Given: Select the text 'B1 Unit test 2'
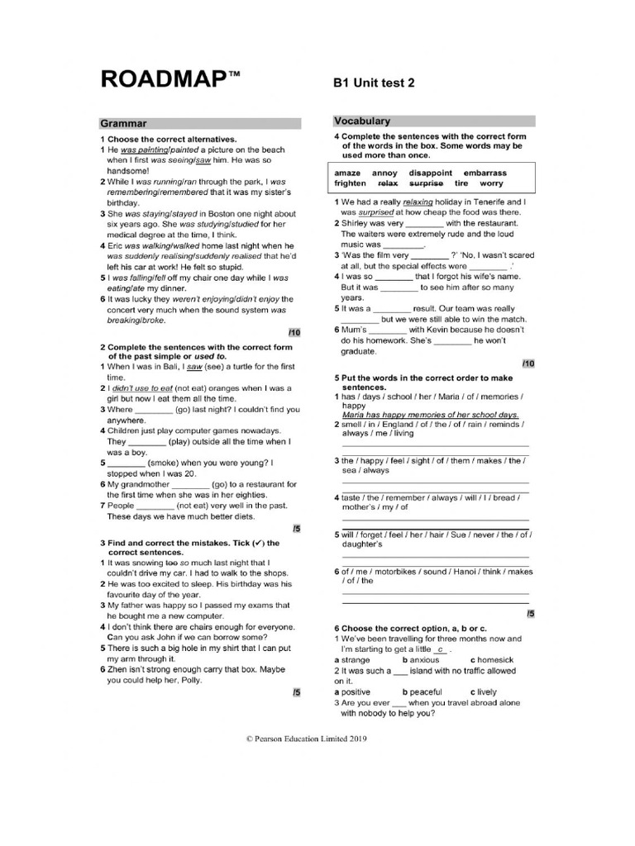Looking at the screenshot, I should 373,83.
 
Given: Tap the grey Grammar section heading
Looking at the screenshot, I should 124,123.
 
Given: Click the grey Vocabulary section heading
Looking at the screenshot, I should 362,121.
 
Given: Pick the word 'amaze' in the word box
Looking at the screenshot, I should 347,173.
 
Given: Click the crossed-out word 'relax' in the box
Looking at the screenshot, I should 388,183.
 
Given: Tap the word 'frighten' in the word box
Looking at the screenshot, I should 351,183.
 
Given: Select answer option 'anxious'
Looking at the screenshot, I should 424,660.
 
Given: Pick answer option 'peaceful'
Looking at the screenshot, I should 426,692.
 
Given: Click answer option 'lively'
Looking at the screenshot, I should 487,692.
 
